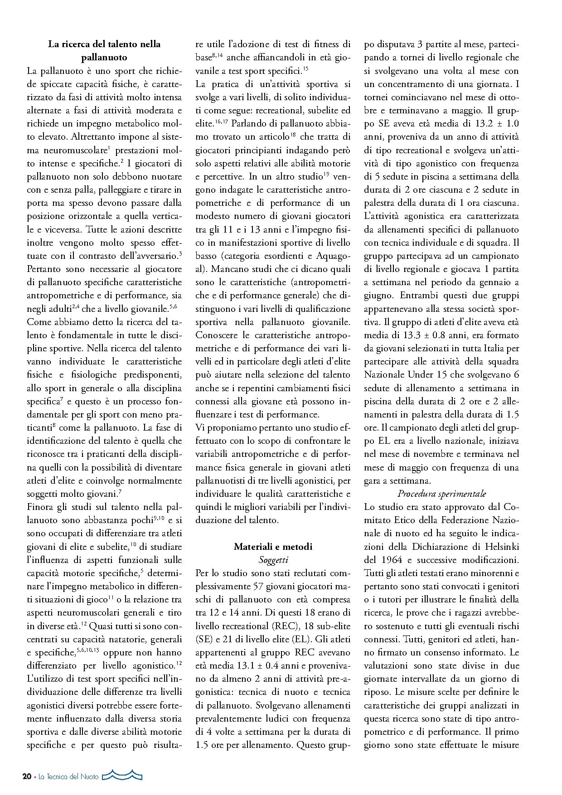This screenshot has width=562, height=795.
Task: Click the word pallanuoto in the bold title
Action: click(104, 58)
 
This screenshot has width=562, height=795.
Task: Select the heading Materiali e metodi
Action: click(273, 547)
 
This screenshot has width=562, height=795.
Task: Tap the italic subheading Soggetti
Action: click(273, 560)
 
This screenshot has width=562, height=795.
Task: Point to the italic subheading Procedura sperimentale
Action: click(441, 494)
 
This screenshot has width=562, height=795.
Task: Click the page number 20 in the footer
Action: click(27, 776)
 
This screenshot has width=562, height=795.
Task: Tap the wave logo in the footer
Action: click(122, 776)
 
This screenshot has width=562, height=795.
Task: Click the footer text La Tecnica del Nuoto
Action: click(68, 776)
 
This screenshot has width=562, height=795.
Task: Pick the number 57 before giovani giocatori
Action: click(257, 587)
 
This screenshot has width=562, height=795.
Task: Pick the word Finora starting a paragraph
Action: click(40, 507)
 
